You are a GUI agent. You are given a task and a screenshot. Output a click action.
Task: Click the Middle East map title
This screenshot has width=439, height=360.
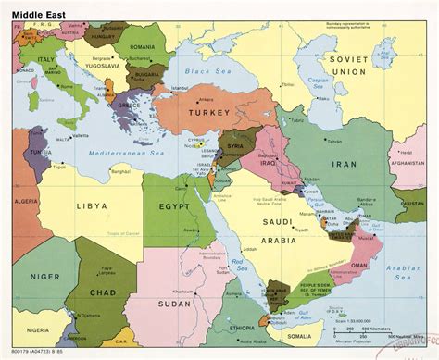pos(36,12)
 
